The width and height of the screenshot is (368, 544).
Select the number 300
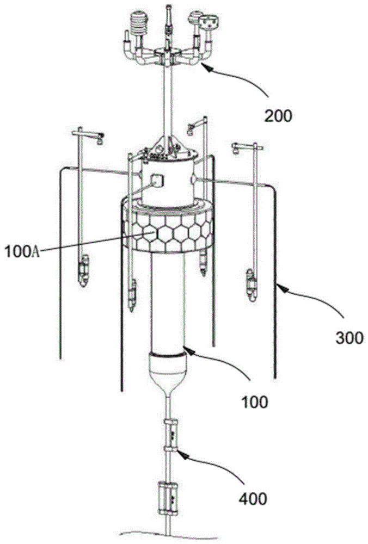click(x=348, y=337)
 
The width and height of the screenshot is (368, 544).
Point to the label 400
click(x=253, y=497)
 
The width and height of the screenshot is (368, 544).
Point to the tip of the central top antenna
click(x=167, y=7)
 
